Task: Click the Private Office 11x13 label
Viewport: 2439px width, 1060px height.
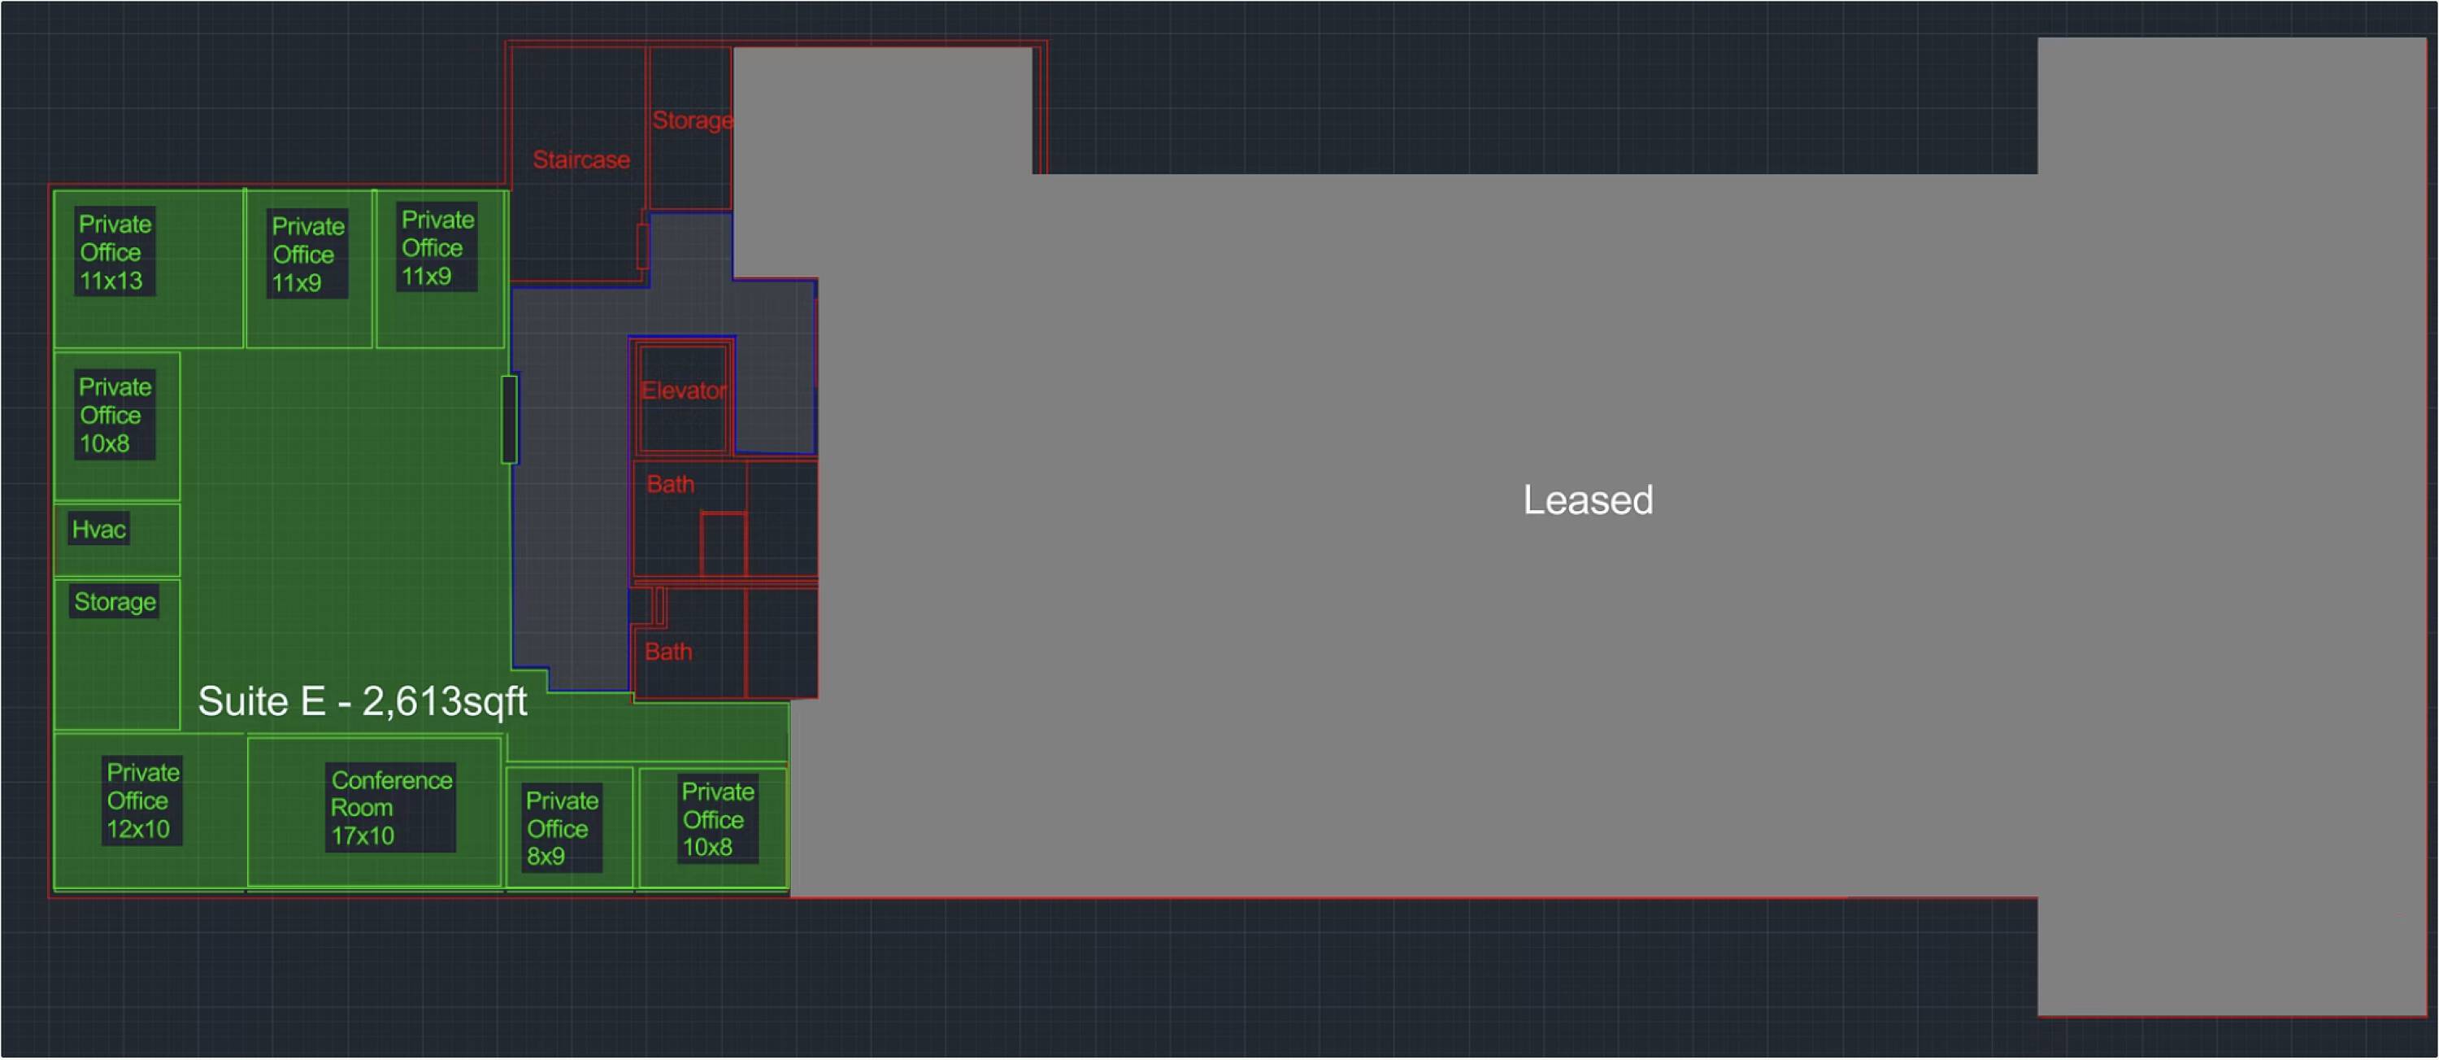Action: [115, 252]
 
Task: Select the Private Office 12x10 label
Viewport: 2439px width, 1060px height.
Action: [142, 800]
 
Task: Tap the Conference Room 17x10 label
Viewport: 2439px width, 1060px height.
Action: [391, 807]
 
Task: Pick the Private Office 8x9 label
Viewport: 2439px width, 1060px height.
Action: [562, 828]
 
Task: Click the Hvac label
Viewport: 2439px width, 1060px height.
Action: [98, 529]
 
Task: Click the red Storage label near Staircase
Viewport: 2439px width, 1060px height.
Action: [692, 120]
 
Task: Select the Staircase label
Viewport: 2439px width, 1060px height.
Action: [581, 159]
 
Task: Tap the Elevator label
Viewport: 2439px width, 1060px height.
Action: [684, 390]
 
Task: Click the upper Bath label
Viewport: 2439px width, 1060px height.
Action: [671, 484]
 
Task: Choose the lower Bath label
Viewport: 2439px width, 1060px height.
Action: [668, 652]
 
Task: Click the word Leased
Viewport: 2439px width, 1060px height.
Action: [1588, 499]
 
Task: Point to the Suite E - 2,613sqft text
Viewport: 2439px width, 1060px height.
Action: [363, 701]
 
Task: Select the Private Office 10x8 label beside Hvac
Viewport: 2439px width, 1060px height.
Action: [115, 415]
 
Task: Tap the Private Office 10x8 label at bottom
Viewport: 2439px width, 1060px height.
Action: [718, 819]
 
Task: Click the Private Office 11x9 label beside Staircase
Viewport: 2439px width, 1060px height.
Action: [437, 247]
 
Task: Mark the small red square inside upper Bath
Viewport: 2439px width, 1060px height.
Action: [724, 543]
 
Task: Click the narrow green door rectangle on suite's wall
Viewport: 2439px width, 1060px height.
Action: [510, 420]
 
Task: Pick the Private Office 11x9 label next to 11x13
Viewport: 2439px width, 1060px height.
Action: [307, 254]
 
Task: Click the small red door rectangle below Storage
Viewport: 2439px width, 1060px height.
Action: [643, 246]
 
